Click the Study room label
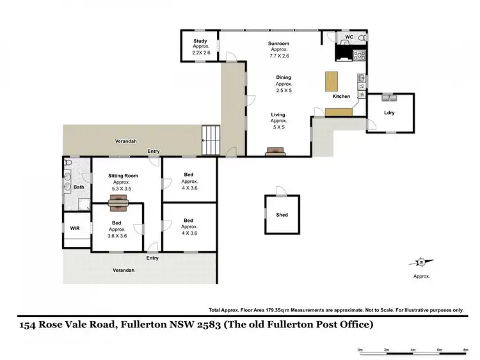200,42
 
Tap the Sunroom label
279,43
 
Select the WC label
349,38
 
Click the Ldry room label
389,113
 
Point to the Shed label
282,215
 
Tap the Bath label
79,187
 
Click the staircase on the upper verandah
211,138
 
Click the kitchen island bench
332,82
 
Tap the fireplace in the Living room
276,152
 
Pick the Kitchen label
341,97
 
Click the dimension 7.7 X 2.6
279,56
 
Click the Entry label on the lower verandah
152,258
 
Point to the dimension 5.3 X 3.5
120,190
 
